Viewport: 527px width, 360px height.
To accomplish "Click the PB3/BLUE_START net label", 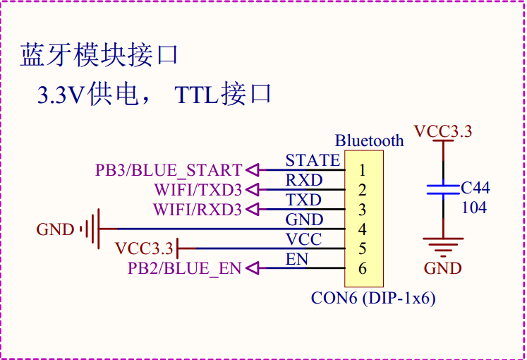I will click(x=169, y=170).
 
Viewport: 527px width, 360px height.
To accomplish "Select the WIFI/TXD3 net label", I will click(x=198, y=190).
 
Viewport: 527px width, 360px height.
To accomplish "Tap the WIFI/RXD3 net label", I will click(x=198, y=210).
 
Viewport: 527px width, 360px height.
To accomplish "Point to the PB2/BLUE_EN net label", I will click(x=184, y=268).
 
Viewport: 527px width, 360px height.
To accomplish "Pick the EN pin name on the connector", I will click(x=297, y=259).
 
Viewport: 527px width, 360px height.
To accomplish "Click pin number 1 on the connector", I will click(x=362, y=170).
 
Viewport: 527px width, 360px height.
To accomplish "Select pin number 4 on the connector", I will click(x=362, y=229).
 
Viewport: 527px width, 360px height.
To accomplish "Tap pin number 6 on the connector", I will click(x=362, y=268).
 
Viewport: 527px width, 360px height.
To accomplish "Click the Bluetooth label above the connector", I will click(x=369, y=140).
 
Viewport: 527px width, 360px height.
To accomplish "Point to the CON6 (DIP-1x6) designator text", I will click(x=373, y=298).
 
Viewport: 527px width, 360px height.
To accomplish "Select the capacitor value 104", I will click(x=474, y=208).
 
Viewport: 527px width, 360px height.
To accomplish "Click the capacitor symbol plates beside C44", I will click(x=442, y=189).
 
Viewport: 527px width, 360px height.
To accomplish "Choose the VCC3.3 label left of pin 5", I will click(x=144, y=248).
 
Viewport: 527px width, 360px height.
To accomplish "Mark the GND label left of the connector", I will click(x=55, y=229).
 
